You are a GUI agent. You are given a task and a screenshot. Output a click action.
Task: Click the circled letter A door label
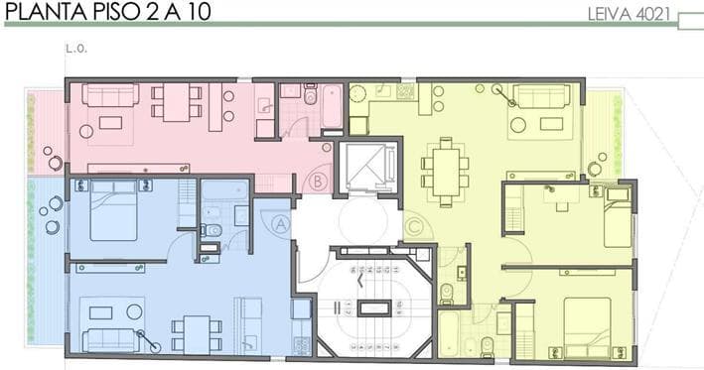click(x=281, y=224)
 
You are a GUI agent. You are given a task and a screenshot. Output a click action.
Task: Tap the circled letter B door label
click(x=319, y=182)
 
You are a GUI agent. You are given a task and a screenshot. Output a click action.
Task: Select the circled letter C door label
click(x=414, y=227)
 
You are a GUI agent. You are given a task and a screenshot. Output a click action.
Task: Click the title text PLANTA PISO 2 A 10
click(x=108, y=11)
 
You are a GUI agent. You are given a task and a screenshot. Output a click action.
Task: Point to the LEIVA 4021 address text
click(x=629, y=14)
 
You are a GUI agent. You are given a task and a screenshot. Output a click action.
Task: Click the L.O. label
click(x=76, y=49)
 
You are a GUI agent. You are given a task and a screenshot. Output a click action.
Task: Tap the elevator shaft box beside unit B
click(x=368, y=167)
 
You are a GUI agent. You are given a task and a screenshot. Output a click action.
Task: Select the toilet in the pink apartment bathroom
click(x=310, y=93)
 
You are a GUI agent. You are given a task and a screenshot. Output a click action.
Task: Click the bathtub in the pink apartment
click(x=333, y=106)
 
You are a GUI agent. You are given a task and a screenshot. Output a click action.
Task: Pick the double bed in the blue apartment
click(x=113, y=210)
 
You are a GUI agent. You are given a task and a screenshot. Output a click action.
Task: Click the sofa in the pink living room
click(x=110, y=94)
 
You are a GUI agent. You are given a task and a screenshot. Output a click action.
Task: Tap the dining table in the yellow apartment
click(x=446, y=172)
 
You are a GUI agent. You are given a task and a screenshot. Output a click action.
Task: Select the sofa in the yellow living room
click(x=541, y=96)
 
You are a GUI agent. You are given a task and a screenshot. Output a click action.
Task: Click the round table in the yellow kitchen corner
click(x=358, y=95)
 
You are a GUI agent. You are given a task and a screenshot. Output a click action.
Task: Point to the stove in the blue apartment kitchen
click(x=301, y=344)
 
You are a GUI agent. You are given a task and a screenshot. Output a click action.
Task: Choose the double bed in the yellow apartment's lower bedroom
click(x=587, y=328)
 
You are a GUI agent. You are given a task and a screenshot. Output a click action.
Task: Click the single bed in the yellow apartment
click(x=618, y=218)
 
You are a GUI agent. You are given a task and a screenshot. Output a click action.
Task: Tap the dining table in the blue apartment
click(x=198, y=334)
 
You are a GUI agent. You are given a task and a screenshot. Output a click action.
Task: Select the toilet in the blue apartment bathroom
click(x=211, y=230)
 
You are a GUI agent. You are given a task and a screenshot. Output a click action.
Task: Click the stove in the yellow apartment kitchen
click(x=406, y=91)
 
